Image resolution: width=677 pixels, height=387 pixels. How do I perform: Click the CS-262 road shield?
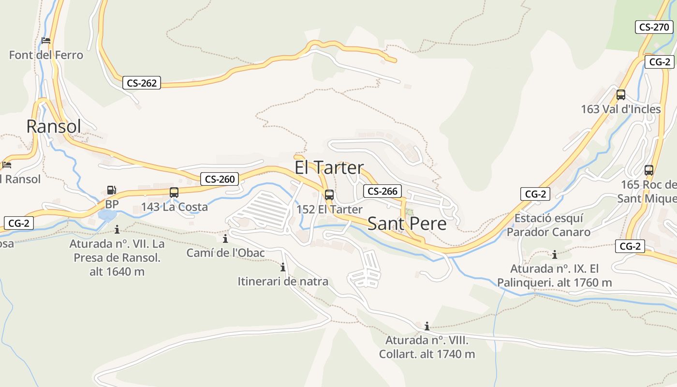point(142,83)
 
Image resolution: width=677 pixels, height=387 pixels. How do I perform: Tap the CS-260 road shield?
point(220,179)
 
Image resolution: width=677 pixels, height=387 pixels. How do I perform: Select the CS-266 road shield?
point(383,191)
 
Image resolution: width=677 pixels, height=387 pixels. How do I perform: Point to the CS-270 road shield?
point(654,27)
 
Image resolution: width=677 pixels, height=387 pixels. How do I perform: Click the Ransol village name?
point(54,126)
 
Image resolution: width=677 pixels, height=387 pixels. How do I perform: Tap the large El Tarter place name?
point(329,167)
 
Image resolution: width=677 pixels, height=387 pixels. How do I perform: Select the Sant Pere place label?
point(407,223)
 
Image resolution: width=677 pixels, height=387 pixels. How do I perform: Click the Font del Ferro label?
point(46,55)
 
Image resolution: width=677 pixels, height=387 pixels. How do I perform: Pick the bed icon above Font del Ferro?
point(46,41)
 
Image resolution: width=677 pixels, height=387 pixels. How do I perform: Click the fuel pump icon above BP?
point(112,191)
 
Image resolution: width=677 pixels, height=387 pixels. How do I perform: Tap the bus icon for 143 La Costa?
point(174,193)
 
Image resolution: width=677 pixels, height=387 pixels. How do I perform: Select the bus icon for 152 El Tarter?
point(329,195)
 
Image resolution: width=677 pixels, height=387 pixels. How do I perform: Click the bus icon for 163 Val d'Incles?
point(621,95)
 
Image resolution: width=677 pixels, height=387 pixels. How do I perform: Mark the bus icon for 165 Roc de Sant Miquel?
point(649,170)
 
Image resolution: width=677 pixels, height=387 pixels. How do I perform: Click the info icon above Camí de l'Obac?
point(225,238)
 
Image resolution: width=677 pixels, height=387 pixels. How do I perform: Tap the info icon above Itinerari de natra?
point(283,267)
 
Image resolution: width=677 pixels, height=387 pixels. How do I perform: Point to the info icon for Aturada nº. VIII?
point(427,326)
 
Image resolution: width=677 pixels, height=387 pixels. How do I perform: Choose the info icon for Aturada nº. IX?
point(555,254)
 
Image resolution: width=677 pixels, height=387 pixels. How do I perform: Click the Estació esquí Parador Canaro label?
point(548,225)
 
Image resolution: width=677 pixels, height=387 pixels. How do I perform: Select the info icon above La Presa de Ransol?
point(117,229)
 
